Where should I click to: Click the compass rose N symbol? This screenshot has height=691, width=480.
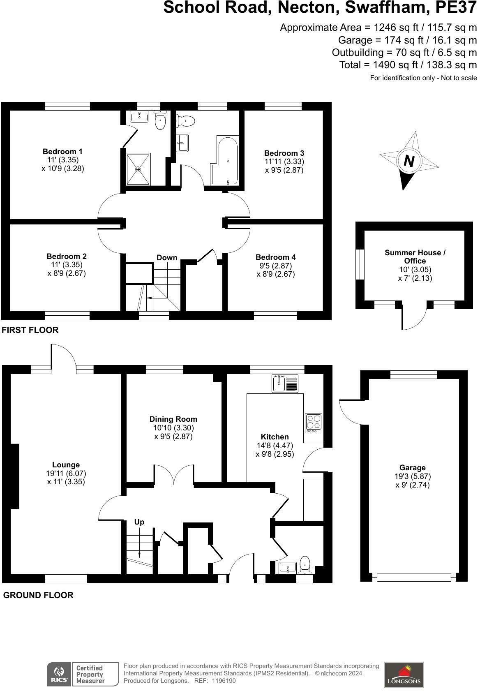coord(408,161)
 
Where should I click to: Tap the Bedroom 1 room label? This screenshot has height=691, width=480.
coord(62,151)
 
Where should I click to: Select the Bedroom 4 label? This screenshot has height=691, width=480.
coord(275,257)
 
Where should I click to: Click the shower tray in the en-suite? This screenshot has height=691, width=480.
coord(138,169)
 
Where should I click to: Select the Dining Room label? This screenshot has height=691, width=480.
coord(173,419)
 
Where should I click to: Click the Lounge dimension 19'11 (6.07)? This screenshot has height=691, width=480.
coord(66,473)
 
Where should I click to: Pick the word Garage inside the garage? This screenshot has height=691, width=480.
coord(412,467)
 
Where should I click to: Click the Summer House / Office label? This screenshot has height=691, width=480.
coord(415,257)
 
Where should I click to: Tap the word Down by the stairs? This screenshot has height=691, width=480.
coord(167,258)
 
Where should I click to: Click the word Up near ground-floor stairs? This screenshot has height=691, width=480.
coord(139,522)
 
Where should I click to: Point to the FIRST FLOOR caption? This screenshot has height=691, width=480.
coord(30,330)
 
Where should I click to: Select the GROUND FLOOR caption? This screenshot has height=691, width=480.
coord(38,595)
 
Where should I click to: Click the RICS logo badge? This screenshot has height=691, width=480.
coord(59,674)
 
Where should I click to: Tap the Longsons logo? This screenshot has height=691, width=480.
coord(404,674)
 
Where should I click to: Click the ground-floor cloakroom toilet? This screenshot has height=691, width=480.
coord(305,564)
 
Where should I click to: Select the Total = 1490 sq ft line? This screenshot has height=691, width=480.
coord(408,65)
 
